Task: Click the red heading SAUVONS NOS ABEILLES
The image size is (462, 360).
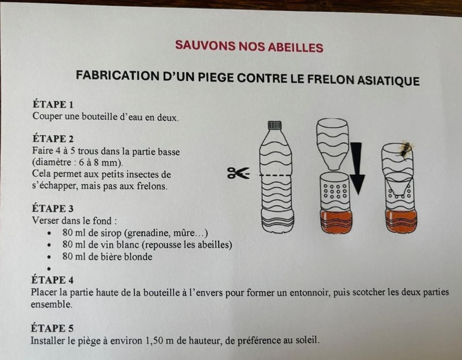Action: click(x=249, y=47)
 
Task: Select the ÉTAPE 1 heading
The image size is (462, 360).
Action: click(x=53, y=104)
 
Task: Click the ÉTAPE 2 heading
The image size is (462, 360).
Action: click(x=53, y=139)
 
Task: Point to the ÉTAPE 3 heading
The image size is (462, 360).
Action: click(x=53, y=209)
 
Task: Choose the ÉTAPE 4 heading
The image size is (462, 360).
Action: click(x=52, y=279)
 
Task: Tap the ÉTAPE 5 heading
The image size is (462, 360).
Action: click(x=52, y=328)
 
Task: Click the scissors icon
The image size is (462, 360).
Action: click(x=238, y=173)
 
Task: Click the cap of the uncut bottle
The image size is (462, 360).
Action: click(x=275, y=125)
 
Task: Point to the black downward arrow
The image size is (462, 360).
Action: click(x=357, y=168)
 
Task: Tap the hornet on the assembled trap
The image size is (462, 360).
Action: click(x=406, y=149)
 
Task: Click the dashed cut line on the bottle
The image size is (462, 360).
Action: click(x=275, y=176)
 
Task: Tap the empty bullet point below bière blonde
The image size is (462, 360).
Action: click(x=49, y=269)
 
